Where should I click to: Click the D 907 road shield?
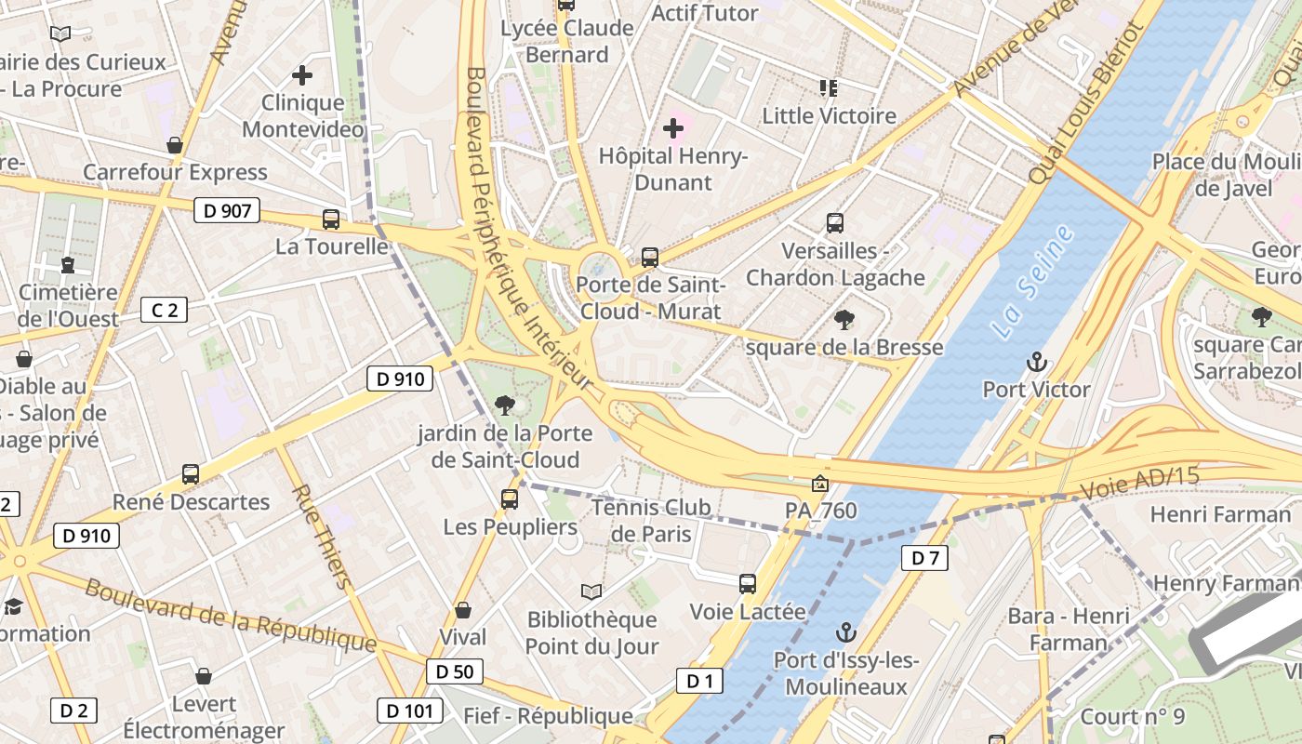click(227, 210)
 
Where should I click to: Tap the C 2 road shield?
click(164, 310)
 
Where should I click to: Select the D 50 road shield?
click(455, 671)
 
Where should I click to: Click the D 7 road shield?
click(924, 558)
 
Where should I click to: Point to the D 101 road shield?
click(409, 711)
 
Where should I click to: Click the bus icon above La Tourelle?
click(330, 219)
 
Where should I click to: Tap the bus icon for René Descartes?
click(191, 474)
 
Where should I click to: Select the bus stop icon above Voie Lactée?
click(748, 584)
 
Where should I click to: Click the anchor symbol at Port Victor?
click(1036, 362)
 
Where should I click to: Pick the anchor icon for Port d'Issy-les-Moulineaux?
click(845, 633)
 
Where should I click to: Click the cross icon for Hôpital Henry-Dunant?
click(673, 128)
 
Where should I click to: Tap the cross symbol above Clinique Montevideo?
click(302, 75)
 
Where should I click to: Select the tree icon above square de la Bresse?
click(844, 320)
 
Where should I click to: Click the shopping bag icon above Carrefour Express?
click(175, 145)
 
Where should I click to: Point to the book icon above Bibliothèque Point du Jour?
click(591, 591)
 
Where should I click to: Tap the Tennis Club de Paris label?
click(651, 520)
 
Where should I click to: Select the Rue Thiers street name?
click(322, 537)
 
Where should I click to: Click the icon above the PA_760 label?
click(819, 484)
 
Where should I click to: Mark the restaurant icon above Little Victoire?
click(829, 88)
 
